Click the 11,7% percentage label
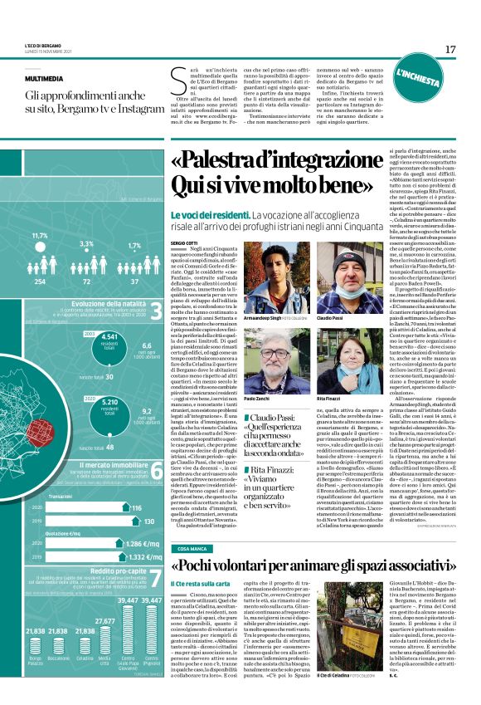(39, 236)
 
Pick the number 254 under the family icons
(39, 283)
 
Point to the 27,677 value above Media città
(104, 621)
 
